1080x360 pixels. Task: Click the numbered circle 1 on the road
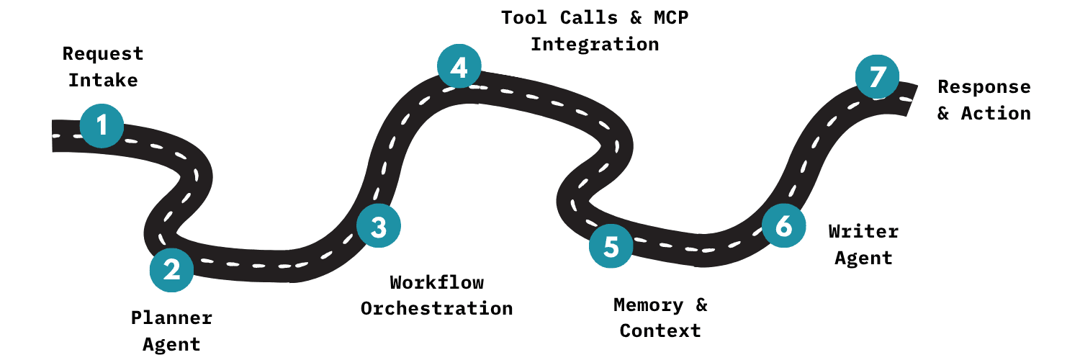tap(102, 126)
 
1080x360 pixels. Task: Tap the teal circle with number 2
tap(171, 270)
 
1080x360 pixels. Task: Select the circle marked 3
tap(379, 227)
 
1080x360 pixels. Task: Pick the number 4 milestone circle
tap(459, 67)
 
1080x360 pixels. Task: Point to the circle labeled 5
tap(611, 246)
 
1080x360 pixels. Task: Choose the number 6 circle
tap(783, 226)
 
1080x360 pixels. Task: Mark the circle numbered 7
tap(877, 77)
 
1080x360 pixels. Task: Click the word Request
tap(103, 54)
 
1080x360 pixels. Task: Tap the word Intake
tap(103, 80)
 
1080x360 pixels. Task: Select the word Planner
tap(171, 318)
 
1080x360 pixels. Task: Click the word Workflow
tap(436, 282)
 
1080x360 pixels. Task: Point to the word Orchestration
tap(436, 308)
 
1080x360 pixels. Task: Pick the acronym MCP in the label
tap(669, 17)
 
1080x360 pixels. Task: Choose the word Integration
tap(595, 44)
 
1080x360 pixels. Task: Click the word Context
tap(660, 330)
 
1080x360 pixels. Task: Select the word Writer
tap(863, 231)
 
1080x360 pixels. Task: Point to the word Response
tap(984, 87)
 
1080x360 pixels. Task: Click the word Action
tap(996, 113)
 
